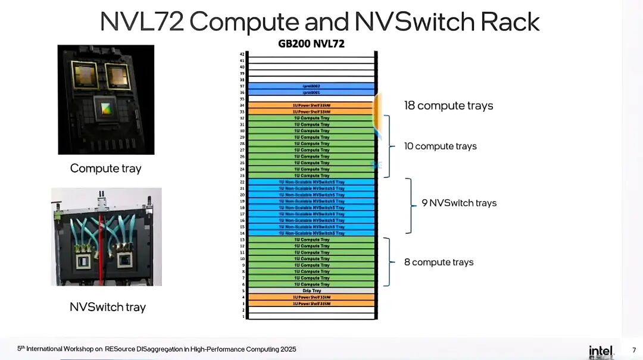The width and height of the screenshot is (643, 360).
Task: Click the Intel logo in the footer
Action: pyautogui.click(x=601, y=350)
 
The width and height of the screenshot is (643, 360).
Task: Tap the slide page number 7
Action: pyautogui.click(x=633, y=350)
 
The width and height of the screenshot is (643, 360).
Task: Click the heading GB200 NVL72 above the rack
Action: pyautogui.click(x=311, y=43)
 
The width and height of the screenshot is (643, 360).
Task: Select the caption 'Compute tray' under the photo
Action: pyautogui.click(x=106, y=168)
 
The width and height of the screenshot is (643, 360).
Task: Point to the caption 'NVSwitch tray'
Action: pyautogui.click(x=108, y=307)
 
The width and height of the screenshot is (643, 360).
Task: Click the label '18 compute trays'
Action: pyautogui.click(x=448, y=106)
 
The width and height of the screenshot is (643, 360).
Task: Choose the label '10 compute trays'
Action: pyautogui.click(x=440, y=146)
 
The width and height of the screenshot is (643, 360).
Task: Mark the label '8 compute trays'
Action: pyautogui.click(x=439, y=262)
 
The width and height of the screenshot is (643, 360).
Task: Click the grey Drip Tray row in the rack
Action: pyautogui.click(x=311, y=290)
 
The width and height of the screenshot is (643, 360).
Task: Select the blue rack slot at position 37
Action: pyautogui.click(x=311, y=86)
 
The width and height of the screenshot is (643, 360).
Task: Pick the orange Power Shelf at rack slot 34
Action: pyautogui.click(x=311, y=105)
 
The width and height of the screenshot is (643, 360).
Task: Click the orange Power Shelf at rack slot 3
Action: pyautogui.click(x=311, y=303)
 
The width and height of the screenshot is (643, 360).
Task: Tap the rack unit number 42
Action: pyautogui.click(x=242, y=54)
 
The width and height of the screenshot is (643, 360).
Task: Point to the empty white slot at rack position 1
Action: pyautogui.click(x=311, y=316)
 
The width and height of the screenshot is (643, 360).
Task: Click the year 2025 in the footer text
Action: pyautogui.click(x=286, y=349)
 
